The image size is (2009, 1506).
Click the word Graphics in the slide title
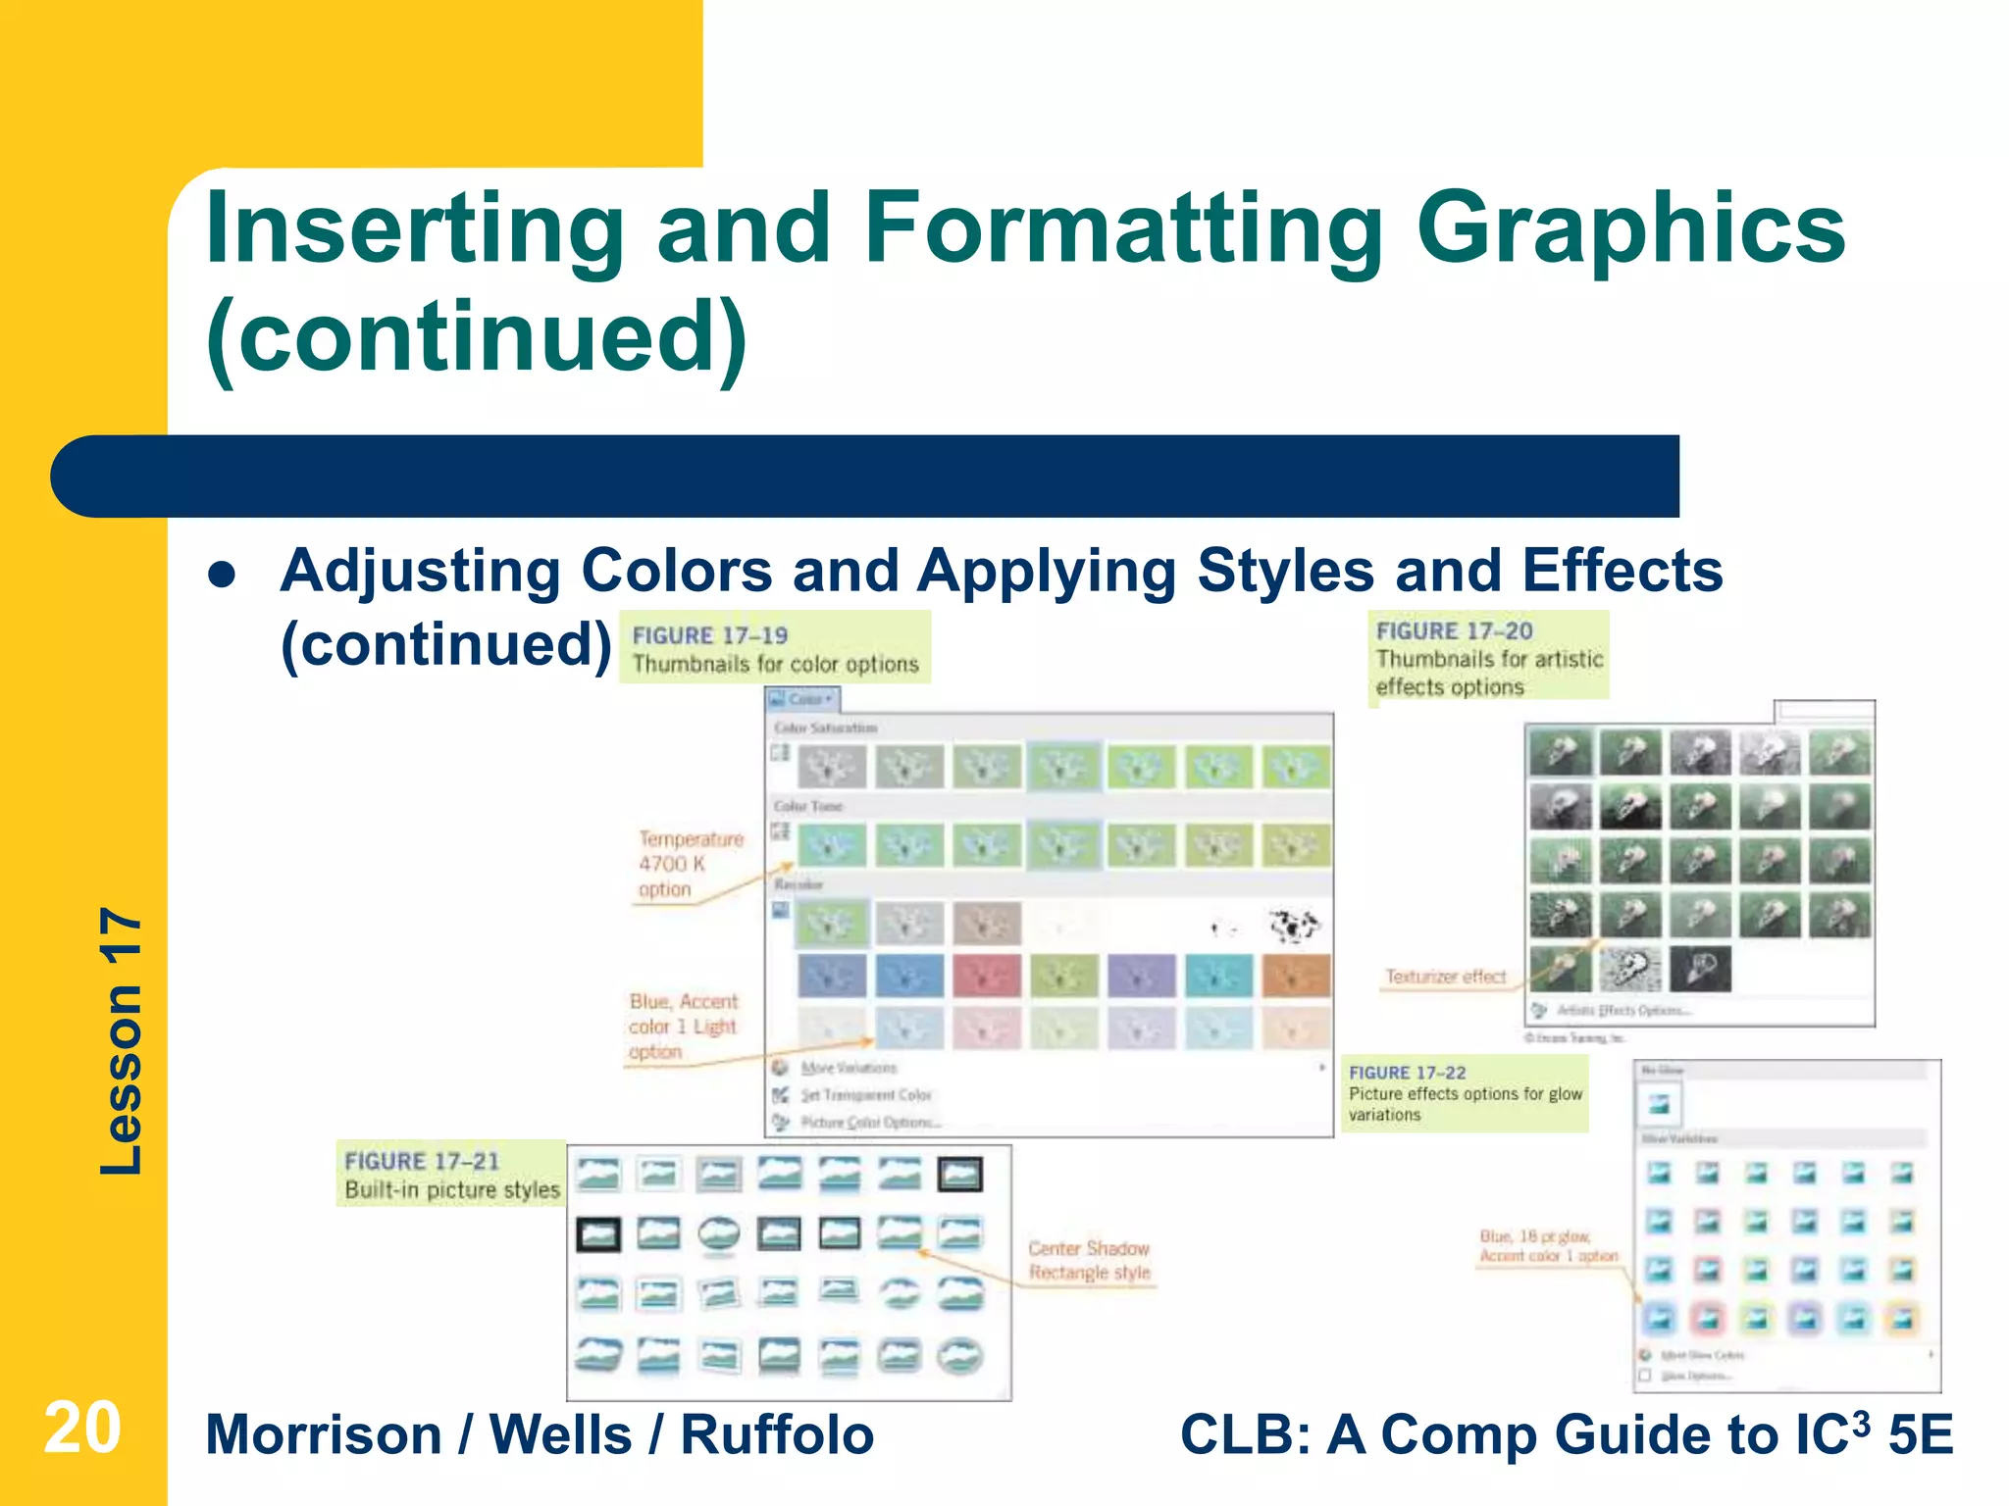click(x=1630, y=229)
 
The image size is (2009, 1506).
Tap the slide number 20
click(x=82, y=1429)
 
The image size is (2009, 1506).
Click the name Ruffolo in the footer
click(x=777, y=1435)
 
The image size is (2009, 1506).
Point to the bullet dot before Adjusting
click(x=223, y=575)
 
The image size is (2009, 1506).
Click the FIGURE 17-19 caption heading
click(x=710, y=635)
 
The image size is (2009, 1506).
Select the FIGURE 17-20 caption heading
click(x=1454, y=631)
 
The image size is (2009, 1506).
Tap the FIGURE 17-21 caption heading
click(x=422, y=1161)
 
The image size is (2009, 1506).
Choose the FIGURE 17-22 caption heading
click(x=1407, y=1073)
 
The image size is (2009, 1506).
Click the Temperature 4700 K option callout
click(x=690, y=864)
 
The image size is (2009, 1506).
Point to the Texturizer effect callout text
click(x=1445, y=977)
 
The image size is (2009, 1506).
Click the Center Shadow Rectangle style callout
click(x=1089, y=1260)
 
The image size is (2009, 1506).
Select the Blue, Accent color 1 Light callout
click(x=683, y=1026)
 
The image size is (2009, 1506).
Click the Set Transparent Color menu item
click(x=865, y=1094)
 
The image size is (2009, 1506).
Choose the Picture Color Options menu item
click(x=869, y=1122)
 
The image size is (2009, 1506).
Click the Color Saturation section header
click(x=825, y=728)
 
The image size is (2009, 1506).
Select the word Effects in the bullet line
click(x=1623, y=571)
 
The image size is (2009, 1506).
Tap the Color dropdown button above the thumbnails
click(x=803, y=699)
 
